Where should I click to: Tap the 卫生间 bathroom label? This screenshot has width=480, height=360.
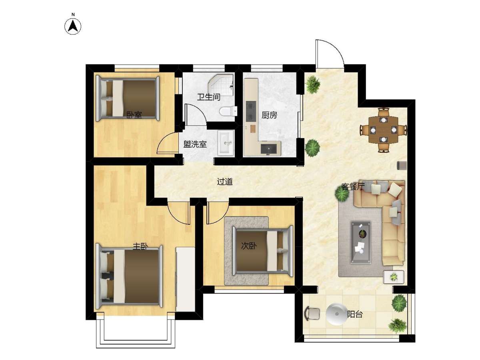[x=208, y=97]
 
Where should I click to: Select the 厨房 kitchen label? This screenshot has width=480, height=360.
[x=269, y=115]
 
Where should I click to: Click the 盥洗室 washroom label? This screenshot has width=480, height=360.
[x=195, y=144]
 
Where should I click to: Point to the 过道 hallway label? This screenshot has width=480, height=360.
[x=224, y=182]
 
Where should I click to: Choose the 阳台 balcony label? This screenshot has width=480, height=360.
[x=355, y=314]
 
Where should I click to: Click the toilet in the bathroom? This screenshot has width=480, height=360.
[x=228, y=111]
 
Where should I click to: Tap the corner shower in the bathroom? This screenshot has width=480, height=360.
[x=221, y=85]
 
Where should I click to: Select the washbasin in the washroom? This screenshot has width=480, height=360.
[x=226, y=143]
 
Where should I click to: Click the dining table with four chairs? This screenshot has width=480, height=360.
[x=383, y=130]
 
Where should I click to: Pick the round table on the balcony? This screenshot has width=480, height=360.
[x=336, y=314]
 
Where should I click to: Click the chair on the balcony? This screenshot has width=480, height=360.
[x=312, y=314]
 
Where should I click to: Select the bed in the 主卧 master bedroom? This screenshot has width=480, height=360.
[x=129, y=277]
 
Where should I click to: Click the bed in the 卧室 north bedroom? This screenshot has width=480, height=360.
[x=128, y=98]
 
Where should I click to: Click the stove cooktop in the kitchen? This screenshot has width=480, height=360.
[x=250, y=111]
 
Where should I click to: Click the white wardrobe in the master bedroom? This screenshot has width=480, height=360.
[x=185, y=279]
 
